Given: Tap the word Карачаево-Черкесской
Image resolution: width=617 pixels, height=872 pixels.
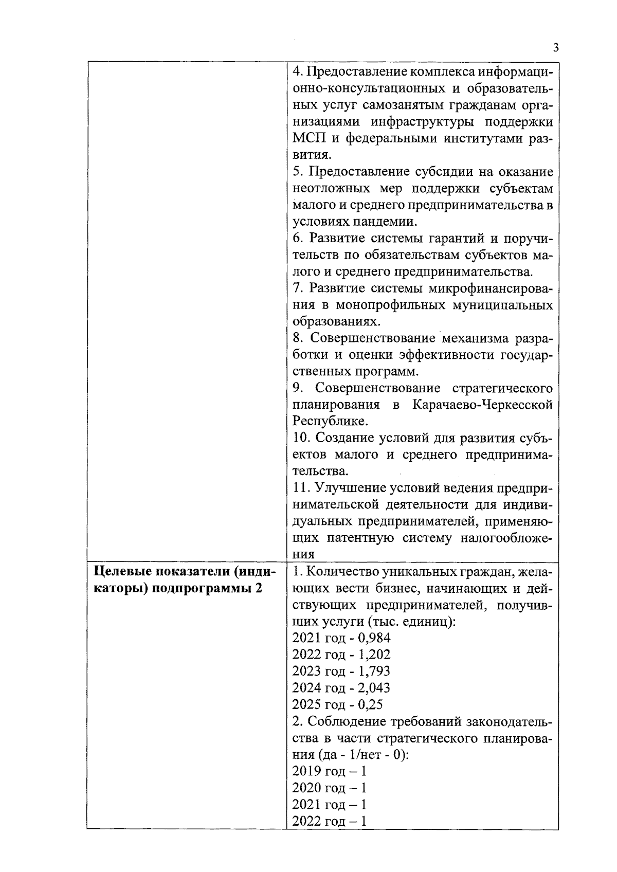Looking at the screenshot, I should tap(483, 405).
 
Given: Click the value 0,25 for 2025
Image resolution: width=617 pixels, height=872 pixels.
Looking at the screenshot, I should tap(370, 704).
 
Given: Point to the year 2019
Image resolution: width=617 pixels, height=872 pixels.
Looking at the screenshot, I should tap(307, 771).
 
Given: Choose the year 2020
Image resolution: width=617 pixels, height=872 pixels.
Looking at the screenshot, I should tap(307, 787).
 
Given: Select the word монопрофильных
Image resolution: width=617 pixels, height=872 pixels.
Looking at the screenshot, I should tap(391, 305).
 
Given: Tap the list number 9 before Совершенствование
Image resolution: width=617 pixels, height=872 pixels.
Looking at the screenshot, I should tap(297, 388).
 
